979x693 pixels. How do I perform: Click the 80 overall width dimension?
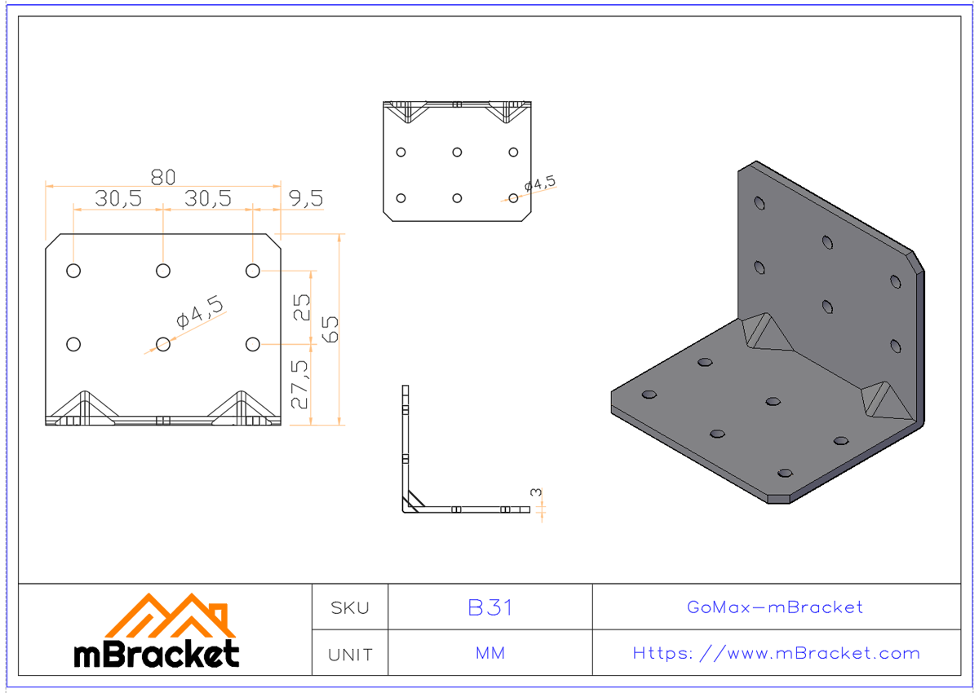pyautogui.click(x=162, y=177)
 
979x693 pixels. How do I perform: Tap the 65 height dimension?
pyautogui.click(x=330, y=329)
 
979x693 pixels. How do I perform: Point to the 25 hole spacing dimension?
pyautogui.click(x=302, y=307)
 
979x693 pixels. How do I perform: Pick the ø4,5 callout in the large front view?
pyautogui.click(x=200, y=314)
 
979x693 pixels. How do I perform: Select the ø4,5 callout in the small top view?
pyautogui.click(x=539, y=184)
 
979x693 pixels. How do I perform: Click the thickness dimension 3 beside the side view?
pyautogui.click(x=535, y=492)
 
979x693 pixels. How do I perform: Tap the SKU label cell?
pyautogui.click(x=350, y=607)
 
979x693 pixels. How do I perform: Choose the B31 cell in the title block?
pyautogui.click(x=490, y=607)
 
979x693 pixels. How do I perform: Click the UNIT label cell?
pyautogui.click(x=350, y=654)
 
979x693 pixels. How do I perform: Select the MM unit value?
pyautogui.click(x=490, y=654)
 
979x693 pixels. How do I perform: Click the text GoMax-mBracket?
pyautogui.click(x=774, y=607)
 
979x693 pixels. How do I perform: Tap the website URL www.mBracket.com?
pyautogui.click(x=776, y=654)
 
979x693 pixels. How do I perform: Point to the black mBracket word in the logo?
pyautogui.click(x=157, y=653)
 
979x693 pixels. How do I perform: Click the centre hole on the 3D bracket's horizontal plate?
pyautogui.click(x=773, y=401)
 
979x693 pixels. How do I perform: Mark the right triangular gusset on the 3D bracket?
pyautogui.click(x=883, y=399)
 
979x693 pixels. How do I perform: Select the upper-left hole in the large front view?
pyautogui.click(x=73, y=271)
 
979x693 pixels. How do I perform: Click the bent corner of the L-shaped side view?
pyautogui.click(x=408, y=506)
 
